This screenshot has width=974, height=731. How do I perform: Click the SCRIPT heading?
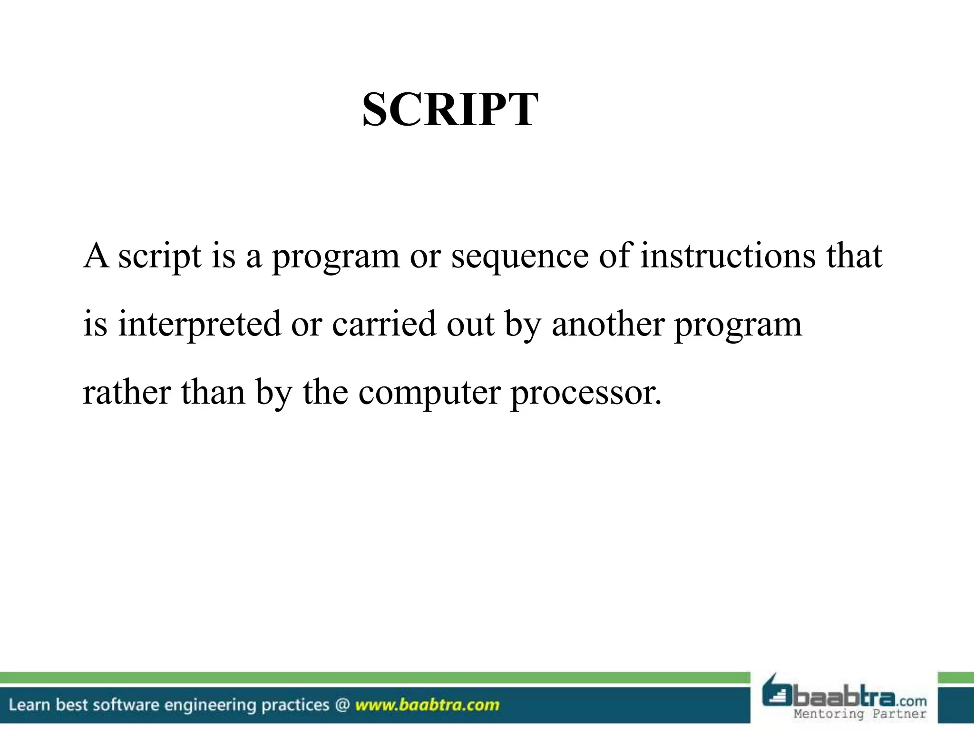coord(450,110)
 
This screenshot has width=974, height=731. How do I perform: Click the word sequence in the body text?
coord(520,257)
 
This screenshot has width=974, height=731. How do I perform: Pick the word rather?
coord(127,392)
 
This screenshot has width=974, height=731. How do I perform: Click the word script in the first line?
coord(159,257)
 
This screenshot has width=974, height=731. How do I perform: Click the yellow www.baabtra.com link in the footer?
coord(427,705)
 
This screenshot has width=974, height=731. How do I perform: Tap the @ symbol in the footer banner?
coord(342,705)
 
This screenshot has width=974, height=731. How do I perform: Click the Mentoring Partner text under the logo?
coord(860,714)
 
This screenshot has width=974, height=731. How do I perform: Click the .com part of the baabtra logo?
coord(911,701)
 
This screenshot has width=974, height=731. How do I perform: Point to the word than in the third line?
coord(213,392)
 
